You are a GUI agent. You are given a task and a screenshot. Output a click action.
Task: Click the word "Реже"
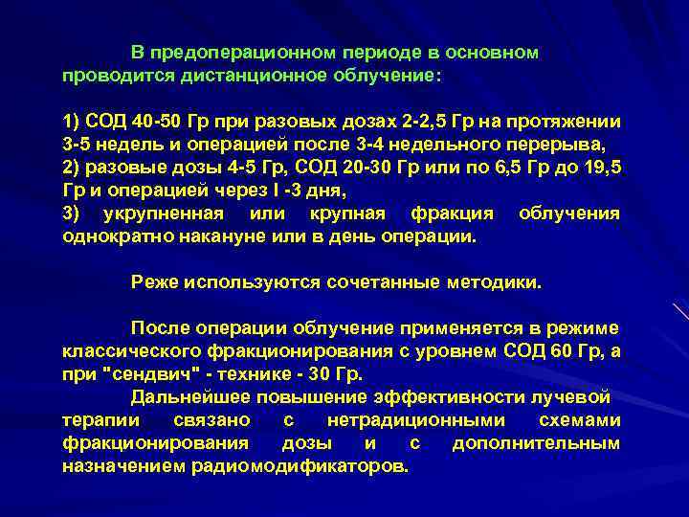click(154, 282)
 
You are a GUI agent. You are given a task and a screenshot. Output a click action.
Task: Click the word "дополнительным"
click(536, 443)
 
